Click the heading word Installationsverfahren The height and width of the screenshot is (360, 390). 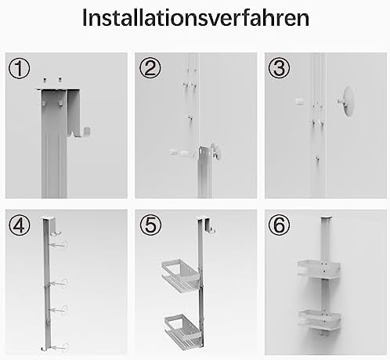[196, 18]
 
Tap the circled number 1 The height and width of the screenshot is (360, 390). [20, 68]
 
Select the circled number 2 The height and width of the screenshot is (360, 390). [150, 68]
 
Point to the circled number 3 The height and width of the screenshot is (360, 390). [279, 68]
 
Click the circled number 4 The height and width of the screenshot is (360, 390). [20, 225]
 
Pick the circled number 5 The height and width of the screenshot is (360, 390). [150, 225]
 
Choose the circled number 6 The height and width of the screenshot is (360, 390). [279, 225]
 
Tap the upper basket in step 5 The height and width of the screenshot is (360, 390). [181, 275]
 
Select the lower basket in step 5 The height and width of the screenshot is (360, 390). [182, 331]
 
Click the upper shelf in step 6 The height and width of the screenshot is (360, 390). [319, 269]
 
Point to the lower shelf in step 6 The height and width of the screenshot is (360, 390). [320, 320]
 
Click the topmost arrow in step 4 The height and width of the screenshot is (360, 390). [59, 245]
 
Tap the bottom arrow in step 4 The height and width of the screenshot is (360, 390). [60, 347]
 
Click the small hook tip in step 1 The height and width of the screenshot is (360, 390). [87, 131]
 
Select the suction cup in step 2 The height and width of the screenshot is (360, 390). [217, 151]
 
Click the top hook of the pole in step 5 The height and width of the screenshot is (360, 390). [209, 225]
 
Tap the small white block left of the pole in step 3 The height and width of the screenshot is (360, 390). [300, 101]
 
